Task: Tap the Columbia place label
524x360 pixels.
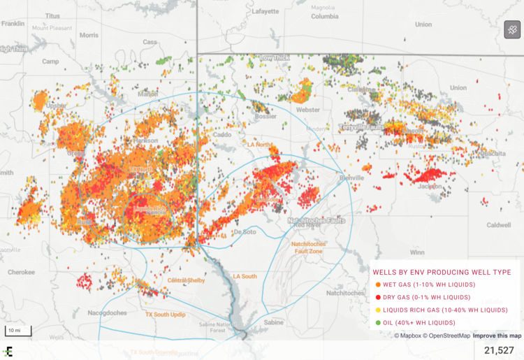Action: (324, 15)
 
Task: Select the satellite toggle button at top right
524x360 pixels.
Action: (512, 29)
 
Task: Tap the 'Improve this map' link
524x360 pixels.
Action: (496, 336)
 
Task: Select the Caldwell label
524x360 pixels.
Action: (499, 225)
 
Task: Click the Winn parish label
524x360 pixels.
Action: (417, 252)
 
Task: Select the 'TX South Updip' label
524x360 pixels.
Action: (165, 315)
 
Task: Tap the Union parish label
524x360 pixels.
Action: (458, 88)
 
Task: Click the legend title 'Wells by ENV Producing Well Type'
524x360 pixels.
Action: (442, 272)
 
